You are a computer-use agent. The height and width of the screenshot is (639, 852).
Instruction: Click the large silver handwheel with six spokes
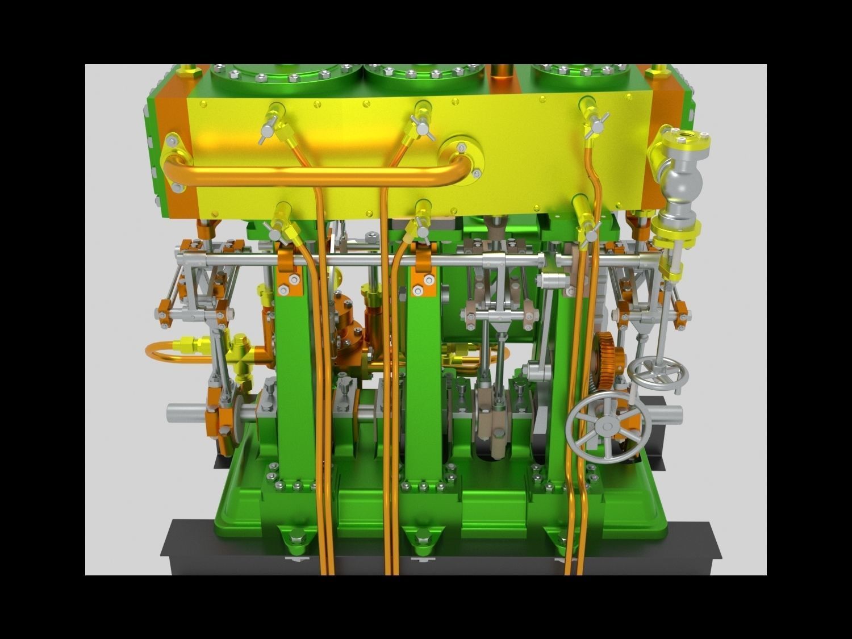point(607,426)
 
